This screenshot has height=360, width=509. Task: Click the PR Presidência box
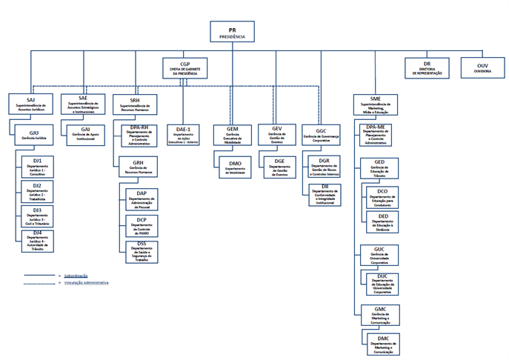coord(232,30)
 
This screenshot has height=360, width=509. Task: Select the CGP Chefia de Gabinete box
coord(185,68)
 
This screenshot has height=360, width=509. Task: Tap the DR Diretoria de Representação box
coord(428,68)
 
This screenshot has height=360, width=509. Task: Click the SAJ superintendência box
coord(30,104)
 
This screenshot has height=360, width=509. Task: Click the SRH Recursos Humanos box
coord(135,103)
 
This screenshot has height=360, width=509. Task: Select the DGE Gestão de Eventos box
coord(279,164)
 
